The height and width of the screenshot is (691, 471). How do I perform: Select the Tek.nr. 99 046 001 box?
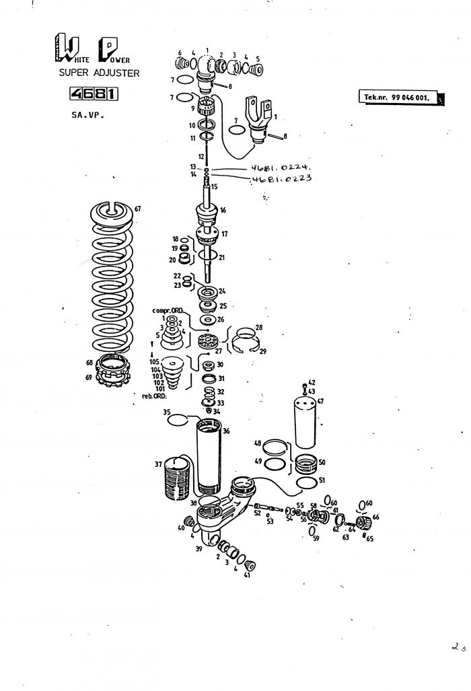(397, 98)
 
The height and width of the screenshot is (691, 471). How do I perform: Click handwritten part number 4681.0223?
(276, 179)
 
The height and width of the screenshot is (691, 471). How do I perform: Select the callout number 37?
(159, 464)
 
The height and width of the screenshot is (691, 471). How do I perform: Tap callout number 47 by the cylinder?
(320, 401)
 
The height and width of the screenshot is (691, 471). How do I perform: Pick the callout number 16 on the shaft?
(223, 211)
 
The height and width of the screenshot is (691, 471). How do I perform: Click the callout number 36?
(226, 431)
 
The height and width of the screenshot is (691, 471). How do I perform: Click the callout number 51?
(322, 480)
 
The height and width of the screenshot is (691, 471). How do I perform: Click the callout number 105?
(155, 362)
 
